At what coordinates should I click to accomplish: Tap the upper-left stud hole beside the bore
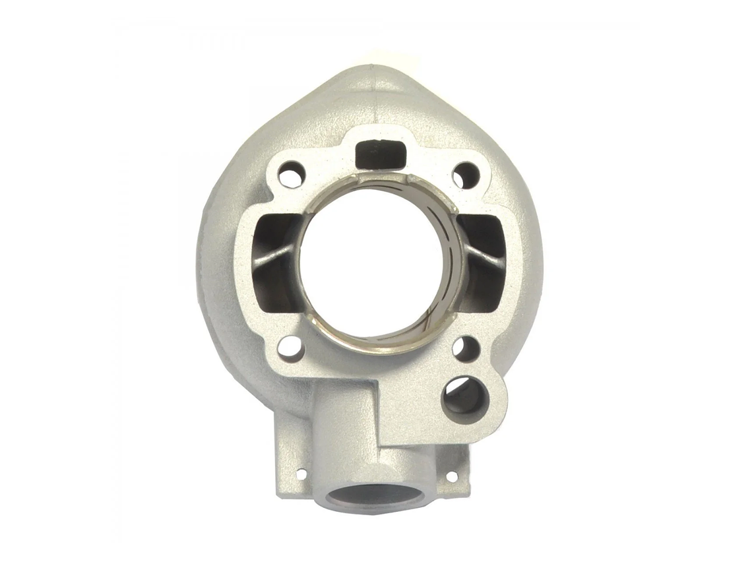pos(290,175)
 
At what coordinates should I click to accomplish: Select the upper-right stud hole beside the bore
pos(466,175)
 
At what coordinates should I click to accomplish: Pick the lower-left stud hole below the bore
pos(290,348)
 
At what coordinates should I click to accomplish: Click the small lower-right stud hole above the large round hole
pos(466,348)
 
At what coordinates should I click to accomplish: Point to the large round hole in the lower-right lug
pos(464,398)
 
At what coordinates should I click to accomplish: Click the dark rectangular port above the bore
pos(379,154)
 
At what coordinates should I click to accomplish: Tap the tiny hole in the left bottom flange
pos(301,474)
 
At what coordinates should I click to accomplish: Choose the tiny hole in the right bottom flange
pos(452,476)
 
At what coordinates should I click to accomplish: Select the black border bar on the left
pos(46,282)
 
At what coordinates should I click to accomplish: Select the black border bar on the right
pos(705,282)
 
